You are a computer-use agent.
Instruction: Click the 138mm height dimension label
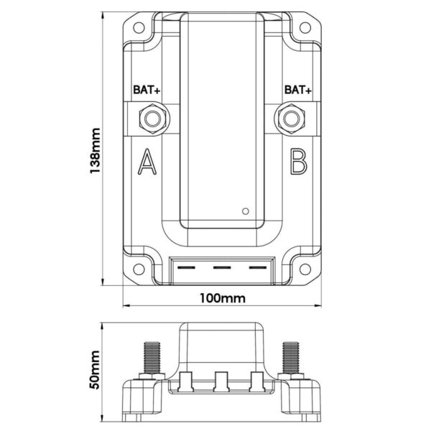95,151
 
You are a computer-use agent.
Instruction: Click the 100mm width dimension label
223,298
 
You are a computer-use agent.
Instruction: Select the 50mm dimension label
95,369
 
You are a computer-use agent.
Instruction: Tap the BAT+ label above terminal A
147,90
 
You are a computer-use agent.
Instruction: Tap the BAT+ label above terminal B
298,90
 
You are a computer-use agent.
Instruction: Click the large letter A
147,162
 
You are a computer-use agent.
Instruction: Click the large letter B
299,162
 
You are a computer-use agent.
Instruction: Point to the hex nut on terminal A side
152,119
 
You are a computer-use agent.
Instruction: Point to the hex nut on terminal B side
292,119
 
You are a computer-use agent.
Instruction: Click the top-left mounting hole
139,27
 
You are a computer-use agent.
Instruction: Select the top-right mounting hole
305,27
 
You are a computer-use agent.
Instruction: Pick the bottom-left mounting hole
139,269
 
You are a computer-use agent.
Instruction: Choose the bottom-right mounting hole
305,269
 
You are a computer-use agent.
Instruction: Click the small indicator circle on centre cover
246,211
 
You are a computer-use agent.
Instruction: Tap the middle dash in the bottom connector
222,267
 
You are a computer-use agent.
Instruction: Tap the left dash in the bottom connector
186,267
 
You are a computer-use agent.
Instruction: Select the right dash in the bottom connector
258,267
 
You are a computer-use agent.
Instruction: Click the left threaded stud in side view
152,358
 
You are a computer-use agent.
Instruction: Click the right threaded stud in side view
291,358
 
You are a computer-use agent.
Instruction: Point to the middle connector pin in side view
221,381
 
